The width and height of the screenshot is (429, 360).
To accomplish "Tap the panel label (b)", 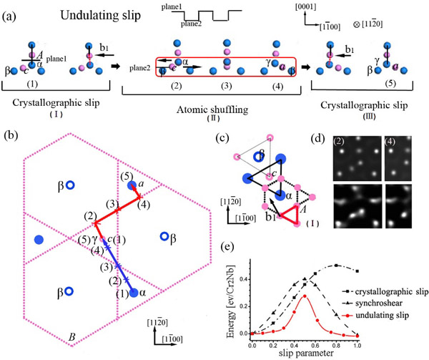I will (x=12, y=135).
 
